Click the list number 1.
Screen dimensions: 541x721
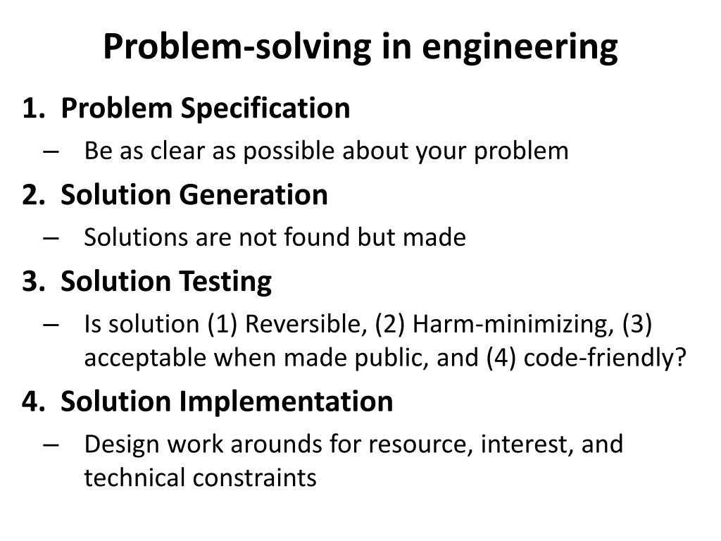point(32,108)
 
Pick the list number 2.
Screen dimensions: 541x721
point(32,195)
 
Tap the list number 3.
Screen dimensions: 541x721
point(32,281)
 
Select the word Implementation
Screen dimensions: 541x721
point(286,402)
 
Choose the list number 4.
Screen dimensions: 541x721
point(32,402)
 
